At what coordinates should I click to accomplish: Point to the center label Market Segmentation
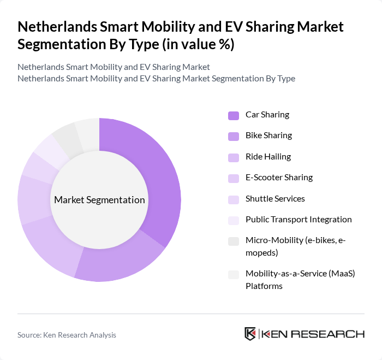point(99,200)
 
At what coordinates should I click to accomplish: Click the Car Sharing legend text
point(267,115)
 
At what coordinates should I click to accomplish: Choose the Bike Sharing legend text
point(268,135)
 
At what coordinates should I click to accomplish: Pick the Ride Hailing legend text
point(268,157)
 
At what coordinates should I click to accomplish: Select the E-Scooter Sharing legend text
point(279,178)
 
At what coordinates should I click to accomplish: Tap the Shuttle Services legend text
point(275,198)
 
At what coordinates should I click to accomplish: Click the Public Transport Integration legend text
point(299,220)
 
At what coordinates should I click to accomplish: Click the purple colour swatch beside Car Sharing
point(233,115)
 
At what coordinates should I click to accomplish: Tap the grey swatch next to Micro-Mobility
point(233,241)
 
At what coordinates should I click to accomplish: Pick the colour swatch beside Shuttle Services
point(233,199)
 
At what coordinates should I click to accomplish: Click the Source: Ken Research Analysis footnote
point(67,335)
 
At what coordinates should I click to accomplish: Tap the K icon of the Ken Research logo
point(250,334)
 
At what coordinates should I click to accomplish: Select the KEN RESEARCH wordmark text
point(313,334)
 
